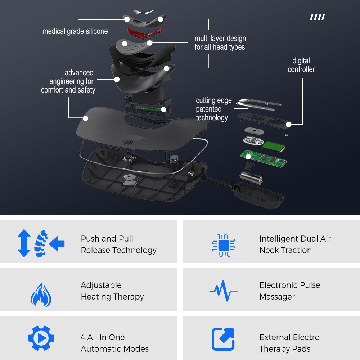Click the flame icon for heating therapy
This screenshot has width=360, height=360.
[41, 295]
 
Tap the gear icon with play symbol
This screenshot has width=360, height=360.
[41, 338]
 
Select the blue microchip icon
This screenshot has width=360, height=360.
[224, 245]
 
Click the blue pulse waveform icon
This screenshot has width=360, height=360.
[223, 291]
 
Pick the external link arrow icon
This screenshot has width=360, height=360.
[223, 339]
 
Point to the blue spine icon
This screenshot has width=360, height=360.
[41, 244]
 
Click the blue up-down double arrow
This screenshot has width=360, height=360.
[24, 243]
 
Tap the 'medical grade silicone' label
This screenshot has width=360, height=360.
[75, 31]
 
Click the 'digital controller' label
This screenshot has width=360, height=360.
[301, 65]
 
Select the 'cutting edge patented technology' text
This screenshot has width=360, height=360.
[213, 109]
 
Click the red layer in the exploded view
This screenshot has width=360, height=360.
[145, 33]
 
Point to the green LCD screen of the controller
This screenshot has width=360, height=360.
[273, 147]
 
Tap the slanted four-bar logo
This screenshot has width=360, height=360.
[318, 17]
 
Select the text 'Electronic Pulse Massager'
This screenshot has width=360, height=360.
[290, 291]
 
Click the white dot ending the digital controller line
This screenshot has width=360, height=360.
[289, 125]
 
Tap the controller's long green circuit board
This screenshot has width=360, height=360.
[263, 158]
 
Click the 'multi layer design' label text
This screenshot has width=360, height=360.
[220, 39]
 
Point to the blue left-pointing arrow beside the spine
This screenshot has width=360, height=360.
[57, 243]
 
